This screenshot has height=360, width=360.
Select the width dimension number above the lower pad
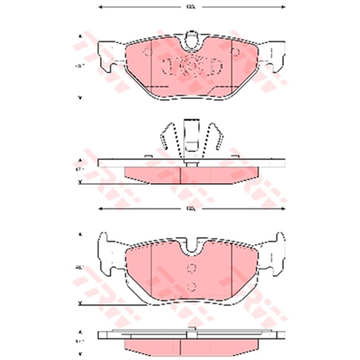click(x=190, y=209)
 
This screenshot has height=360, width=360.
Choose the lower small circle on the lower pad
click(x=190, y=286)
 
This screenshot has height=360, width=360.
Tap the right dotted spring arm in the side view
click(x=215, y=139)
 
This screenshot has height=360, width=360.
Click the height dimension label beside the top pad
click(x=79, y=67)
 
